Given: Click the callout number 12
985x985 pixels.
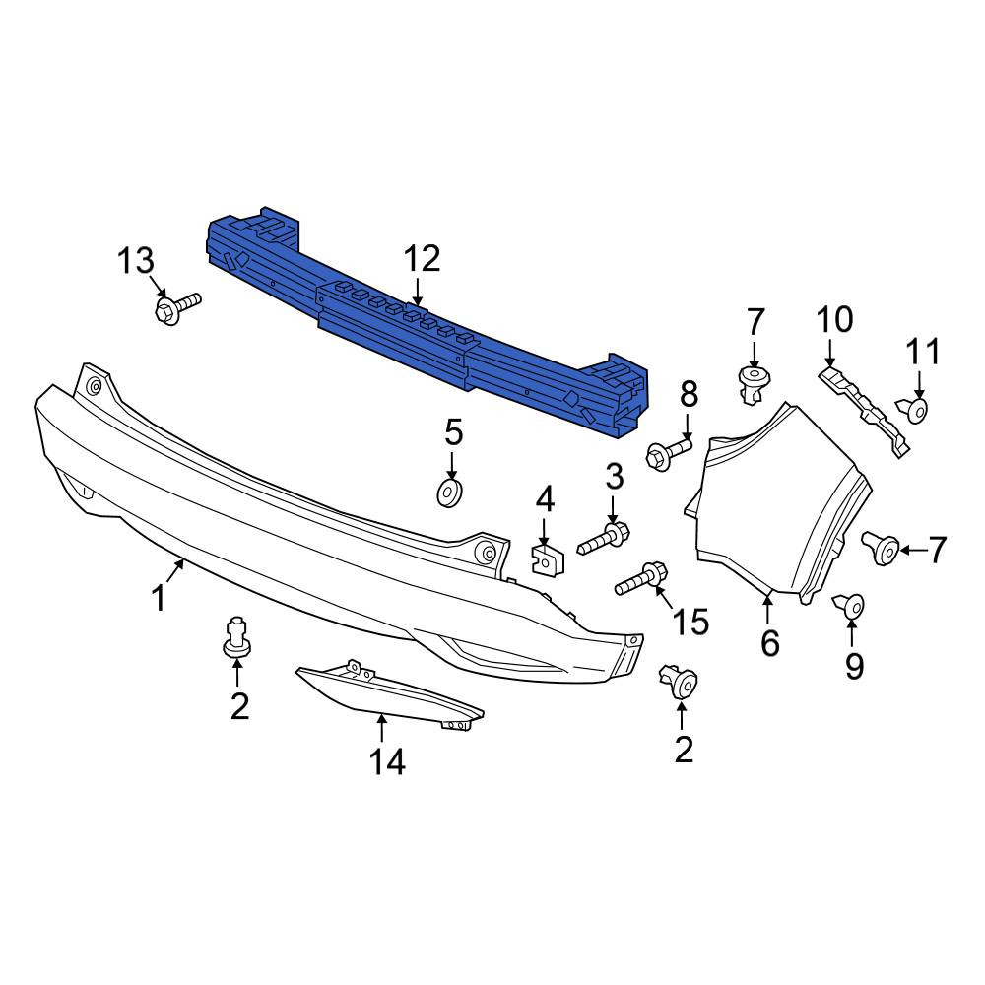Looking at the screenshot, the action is pos(423,259).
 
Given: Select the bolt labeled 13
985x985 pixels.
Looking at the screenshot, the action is pos(177,307).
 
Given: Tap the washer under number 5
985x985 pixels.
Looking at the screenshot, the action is pos(450,492).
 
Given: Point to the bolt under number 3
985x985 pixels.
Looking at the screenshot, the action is pos(604,539).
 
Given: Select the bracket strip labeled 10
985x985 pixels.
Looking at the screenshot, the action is pos(865,411).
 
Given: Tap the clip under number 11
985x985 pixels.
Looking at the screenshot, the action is pos(912,410).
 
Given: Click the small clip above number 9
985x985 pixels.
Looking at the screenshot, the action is pos(849,606).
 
